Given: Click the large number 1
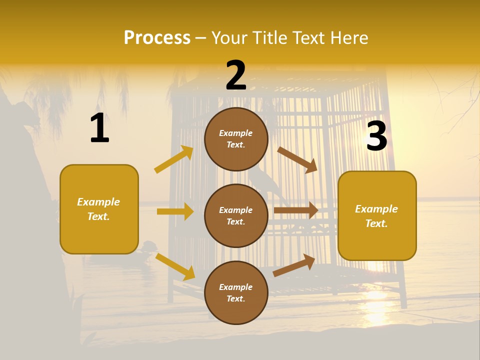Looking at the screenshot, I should click(99, 128).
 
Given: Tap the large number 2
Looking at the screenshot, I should click(236, 75).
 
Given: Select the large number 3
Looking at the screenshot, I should click(376, 136).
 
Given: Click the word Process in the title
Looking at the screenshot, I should click(157, 37).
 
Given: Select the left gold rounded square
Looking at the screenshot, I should click(99, 209).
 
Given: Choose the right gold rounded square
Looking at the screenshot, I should click(377, 216).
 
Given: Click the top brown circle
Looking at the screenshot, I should click(236, 139).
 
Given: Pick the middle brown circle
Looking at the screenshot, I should click(236, 215).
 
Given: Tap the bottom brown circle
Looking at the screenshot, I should click(236, 292).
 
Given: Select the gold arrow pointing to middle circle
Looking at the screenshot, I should click(175, 211).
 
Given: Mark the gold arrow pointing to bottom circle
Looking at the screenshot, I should click(175, 266).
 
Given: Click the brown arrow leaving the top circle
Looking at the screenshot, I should click(297, 159).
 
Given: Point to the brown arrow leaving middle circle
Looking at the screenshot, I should click(296, 210).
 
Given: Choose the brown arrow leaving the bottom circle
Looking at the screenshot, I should click(294, 265).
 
